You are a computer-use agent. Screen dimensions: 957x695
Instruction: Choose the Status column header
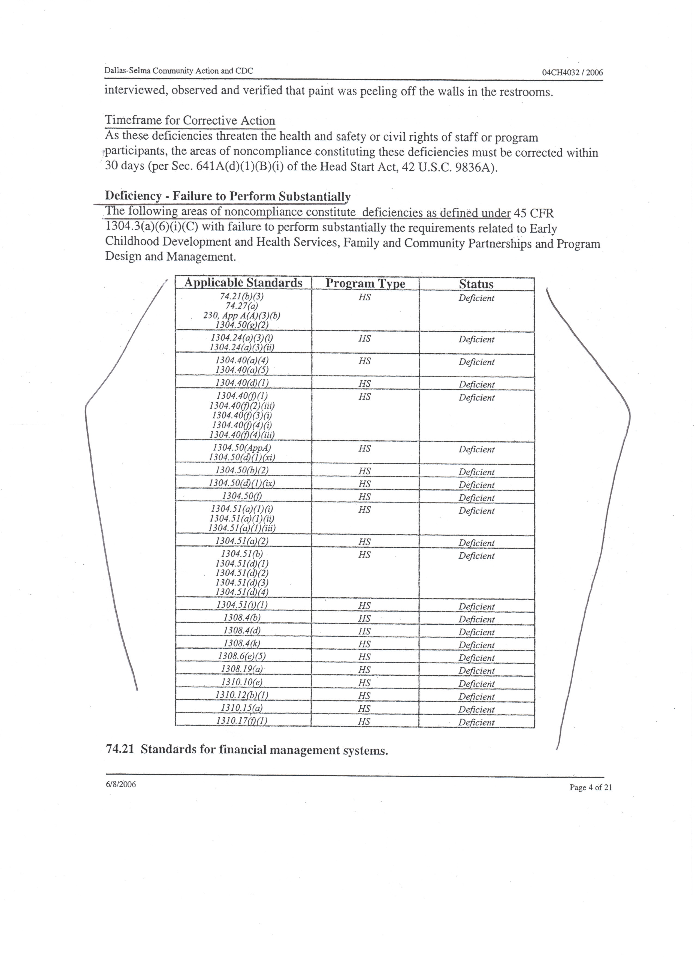pyautogui.click(x=476, y=284)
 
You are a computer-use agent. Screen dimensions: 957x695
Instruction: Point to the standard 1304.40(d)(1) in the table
pyautogui.click(x=242, y=383)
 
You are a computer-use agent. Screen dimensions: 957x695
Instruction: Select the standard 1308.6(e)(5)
pyautogui.click(x=242, y=656)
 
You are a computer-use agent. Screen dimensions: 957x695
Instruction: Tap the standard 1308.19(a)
pyautogui.click(x=242, y=669)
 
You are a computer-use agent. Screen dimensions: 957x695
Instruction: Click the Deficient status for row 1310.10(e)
pyautogui.click(x=476, y=684)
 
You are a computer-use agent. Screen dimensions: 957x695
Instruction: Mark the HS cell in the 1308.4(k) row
pyautogui.click(x=364, y=644)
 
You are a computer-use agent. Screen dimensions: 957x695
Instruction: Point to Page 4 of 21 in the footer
pyautogui.click(x=590, y=787)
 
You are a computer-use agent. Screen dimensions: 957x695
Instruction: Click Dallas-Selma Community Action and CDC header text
pyautogui.click(x=179, y=71)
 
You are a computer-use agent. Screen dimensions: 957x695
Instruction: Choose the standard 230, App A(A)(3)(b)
pyautogui.click(x=242, y=315)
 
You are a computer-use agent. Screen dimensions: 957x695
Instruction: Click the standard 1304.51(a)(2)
pyautogui.click(x=242, y=541)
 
